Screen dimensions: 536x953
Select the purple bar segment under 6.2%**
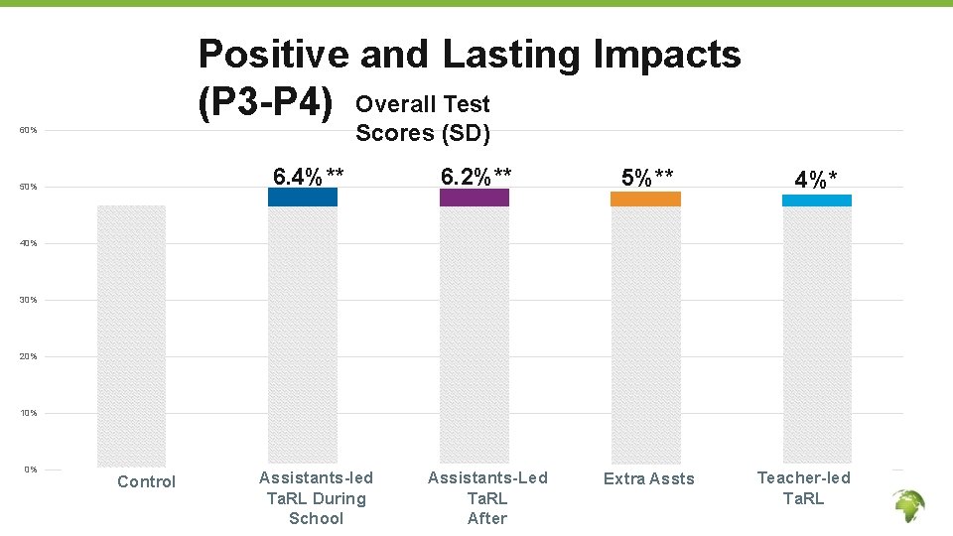tap(474, 198)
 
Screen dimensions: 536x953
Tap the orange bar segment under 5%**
tap(645, 199)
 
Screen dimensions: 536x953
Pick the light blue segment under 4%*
tap(817, 201)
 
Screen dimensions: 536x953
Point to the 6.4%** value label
tap(309, 177)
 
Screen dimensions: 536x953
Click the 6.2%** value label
tap(476, 177)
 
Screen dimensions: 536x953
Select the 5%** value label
tap(647, 178)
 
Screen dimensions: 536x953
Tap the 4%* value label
tap(816, 180)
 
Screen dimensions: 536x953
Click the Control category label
tap(146, 481)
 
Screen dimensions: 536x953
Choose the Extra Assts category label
tap(649, 479)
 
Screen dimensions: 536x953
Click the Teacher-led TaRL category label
tap(804, 487)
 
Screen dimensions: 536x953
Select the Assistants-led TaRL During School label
tap(316, 498)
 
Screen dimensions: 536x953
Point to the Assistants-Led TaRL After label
tap(487, 498)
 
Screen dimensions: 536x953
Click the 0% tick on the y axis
tap(31, 469)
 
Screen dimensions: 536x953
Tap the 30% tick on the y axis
tap(31, 300)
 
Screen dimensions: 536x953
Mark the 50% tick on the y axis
tap(31, 188)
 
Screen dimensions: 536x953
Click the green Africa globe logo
tap(908, 507)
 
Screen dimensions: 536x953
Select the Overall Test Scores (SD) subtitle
tap(423, 118)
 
